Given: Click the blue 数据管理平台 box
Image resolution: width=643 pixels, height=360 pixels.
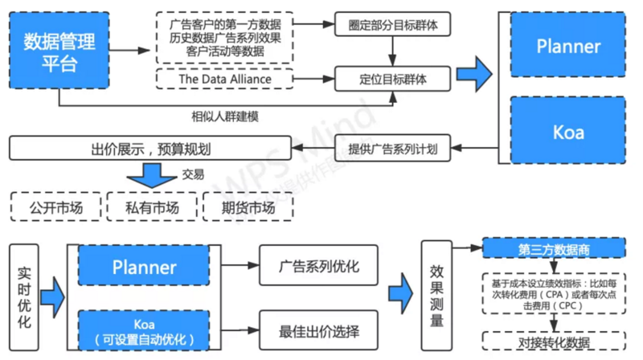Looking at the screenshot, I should (x=58, y=51).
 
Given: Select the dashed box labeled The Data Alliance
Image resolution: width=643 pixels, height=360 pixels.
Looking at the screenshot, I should (x=224, y=79).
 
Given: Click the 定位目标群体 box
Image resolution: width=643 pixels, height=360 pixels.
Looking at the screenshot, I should (x=392, y=79).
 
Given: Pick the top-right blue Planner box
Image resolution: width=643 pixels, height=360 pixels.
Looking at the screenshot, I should (x=568, y=47).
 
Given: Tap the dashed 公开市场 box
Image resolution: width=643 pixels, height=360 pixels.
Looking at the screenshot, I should (x=55, y=207).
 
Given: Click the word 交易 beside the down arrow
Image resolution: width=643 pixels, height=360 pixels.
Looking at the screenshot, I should (x=193, y=174).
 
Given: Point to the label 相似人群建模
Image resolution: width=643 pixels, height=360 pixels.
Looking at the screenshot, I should (x=225, y=116).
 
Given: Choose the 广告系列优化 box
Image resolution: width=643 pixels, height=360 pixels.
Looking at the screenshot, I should (x=318, y=267).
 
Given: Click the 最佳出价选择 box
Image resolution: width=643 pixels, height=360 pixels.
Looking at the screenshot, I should (x=318, y=329).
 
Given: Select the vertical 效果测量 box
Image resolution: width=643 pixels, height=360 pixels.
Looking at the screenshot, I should (x=439, y=297).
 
